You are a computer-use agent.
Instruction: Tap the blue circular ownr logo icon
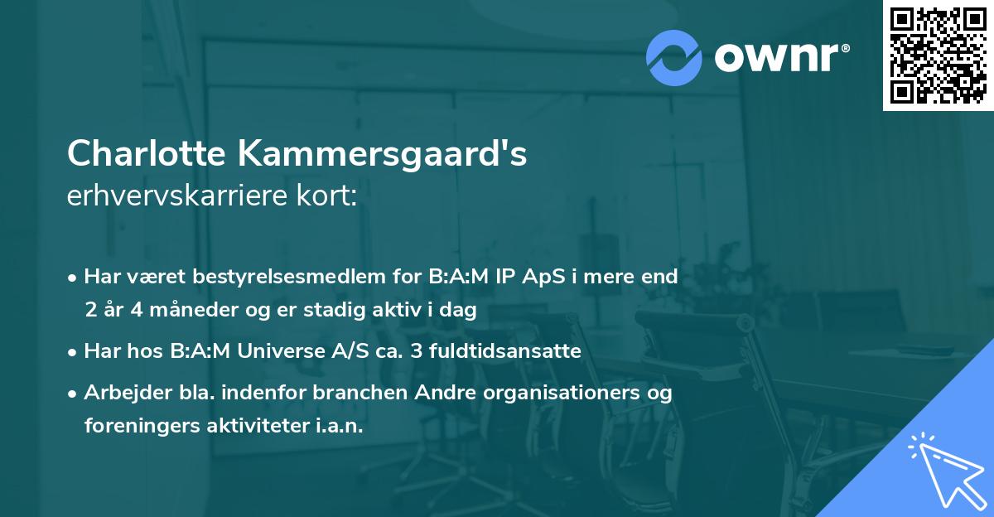tap(673, 57)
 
